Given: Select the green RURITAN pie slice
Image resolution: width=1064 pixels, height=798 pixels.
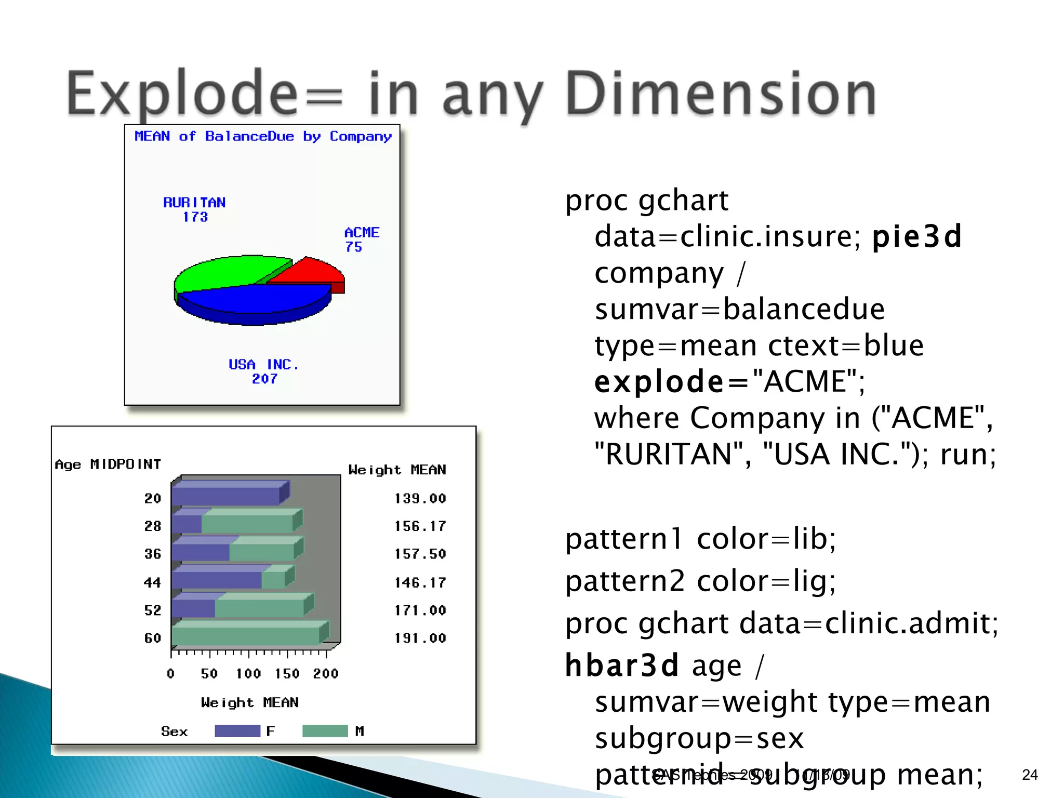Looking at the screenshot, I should [223, 273].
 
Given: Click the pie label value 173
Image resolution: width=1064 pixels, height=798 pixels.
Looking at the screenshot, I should [195, 217].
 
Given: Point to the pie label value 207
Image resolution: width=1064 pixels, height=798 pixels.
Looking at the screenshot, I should [264, 379].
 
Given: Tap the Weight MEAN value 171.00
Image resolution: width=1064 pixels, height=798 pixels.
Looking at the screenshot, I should [420, 610].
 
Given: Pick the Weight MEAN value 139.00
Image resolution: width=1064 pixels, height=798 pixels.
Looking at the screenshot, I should [420, 499].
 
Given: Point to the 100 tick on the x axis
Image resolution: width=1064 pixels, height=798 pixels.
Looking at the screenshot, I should [248, 674].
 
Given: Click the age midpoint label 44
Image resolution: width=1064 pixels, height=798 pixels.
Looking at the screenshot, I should [152, 583].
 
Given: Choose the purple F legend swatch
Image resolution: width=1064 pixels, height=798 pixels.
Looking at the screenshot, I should [237, 731].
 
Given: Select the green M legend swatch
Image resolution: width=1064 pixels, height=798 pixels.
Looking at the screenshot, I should [325, 731].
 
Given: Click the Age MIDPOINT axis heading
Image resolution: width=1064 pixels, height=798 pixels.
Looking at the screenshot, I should [108, 464].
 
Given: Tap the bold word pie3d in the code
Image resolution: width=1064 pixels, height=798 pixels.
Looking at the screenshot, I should [917, 237].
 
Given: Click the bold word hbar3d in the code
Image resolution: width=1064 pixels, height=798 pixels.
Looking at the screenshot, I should [622, 666].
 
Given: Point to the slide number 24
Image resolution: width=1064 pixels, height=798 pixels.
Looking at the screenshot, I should [1030, 775].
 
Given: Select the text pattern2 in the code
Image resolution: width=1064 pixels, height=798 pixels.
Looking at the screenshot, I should [625, 581].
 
